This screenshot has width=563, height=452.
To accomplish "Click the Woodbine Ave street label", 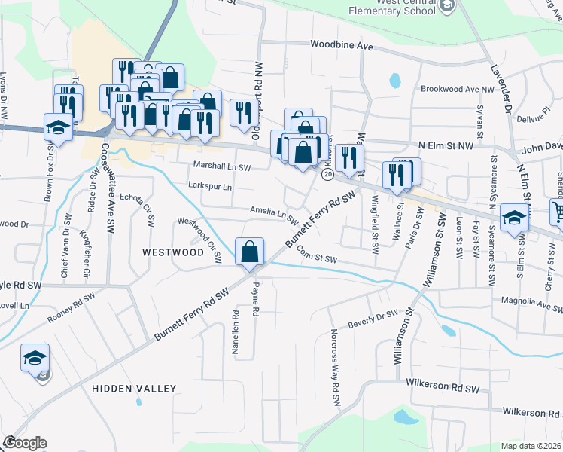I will pos(342,46).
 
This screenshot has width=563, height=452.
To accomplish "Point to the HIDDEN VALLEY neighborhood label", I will pos(134,389).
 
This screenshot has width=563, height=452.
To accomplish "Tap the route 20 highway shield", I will pos(327,174).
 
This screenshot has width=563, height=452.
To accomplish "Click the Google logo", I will pos(25,443).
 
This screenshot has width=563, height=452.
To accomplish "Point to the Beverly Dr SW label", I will pos(373,319).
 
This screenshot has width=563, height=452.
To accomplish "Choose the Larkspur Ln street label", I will pos(210,186).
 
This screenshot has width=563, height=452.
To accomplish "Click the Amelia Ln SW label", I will pos(274,215).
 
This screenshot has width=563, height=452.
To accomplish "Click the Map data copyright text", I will pos(531,446).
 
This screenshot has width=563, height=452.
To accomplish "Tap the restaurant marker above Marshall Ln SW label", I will pos(242,114).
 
